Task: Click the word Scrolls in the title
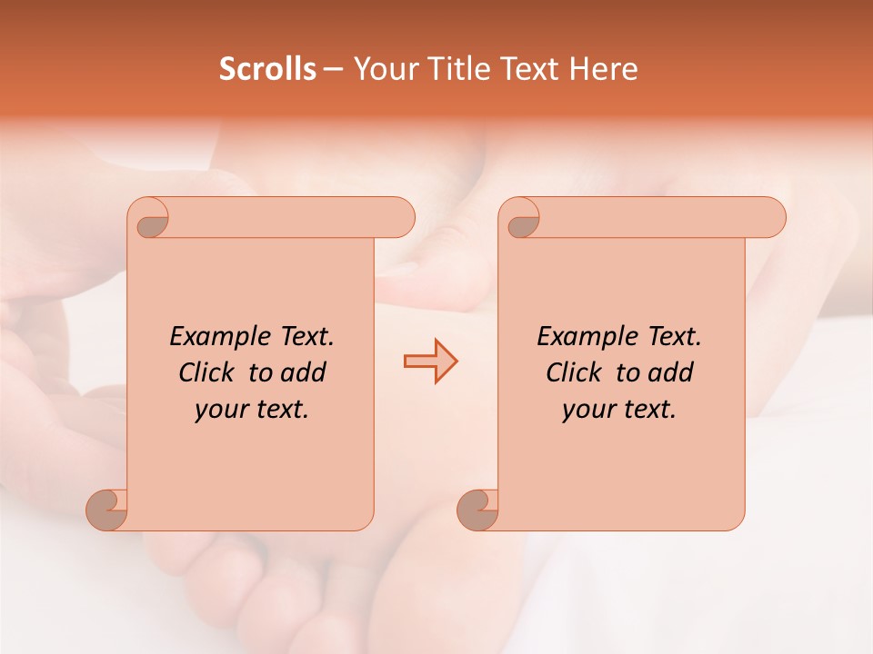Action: (x=267, y=69)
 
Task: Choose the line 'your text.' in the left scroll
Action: (x=251, y=410)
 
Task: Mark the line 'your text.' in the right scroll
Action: (x=618, y=410)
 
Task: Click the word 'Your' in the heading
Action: (x=381, y=69)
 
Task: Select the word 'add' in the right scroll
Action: (x=670, y=372)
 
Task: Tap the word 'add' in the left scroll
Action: (x=303, y=372)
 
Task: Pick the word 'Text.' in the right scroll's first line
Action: (x=673, y=337)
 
